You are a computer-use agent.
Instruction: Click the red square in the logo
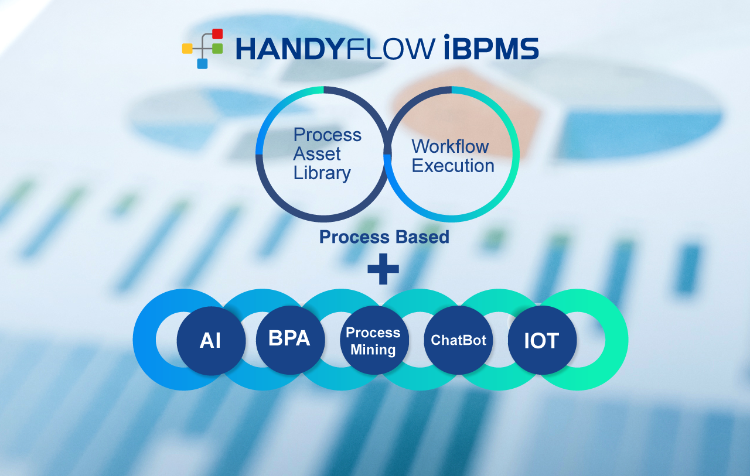pyautogui.click(x=217, y=34)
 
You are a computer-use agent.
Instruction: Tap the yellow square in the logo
pyautogui.click(x=187, y=49)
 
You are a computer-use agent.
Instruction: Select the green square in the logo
pyautogui.click(x=217, y=49)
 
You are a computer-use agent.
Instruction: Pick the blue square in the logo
pyautogui.click(x=202, y=64)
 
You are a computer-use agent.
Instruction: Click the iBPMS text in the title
pyautogui.click(x=491, y=47)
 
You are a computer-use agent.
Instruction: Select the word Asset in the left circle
pyautogui.click(x=317, y=154)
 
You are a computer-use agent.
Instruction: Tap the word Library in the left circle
pyautogui.click(x=322, y=173)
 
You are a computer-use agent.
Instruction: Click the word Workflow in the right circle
pyautogui.click(x=451, y=146)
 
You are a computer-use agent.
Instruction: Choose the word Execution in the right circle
pyautogui.click(x=453, y=166)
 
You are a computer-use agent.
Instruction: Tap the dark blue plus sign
pyautogui.click(x=383, y=269)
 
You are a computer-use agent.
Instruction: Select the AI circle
pyautogui.click(x=212, y=341)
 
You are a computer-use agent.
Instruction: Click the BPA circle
pyautogui.click(x=290, y=340)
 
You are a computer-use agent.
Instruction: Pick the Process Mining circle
pyautogui.click(x=374, y=340)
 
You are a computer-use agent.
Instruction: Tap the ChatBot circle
pyautogui.click(x=458, y=340)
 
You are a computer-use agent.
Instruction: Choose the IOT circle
pyautogui.click(x=543, y=340)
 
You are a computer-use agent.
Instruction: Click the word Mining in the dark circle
pyautogui.click(x=373, y=350)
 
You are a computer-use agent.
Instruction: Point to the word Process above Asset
pyautogui.click(x=328, y=135)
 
